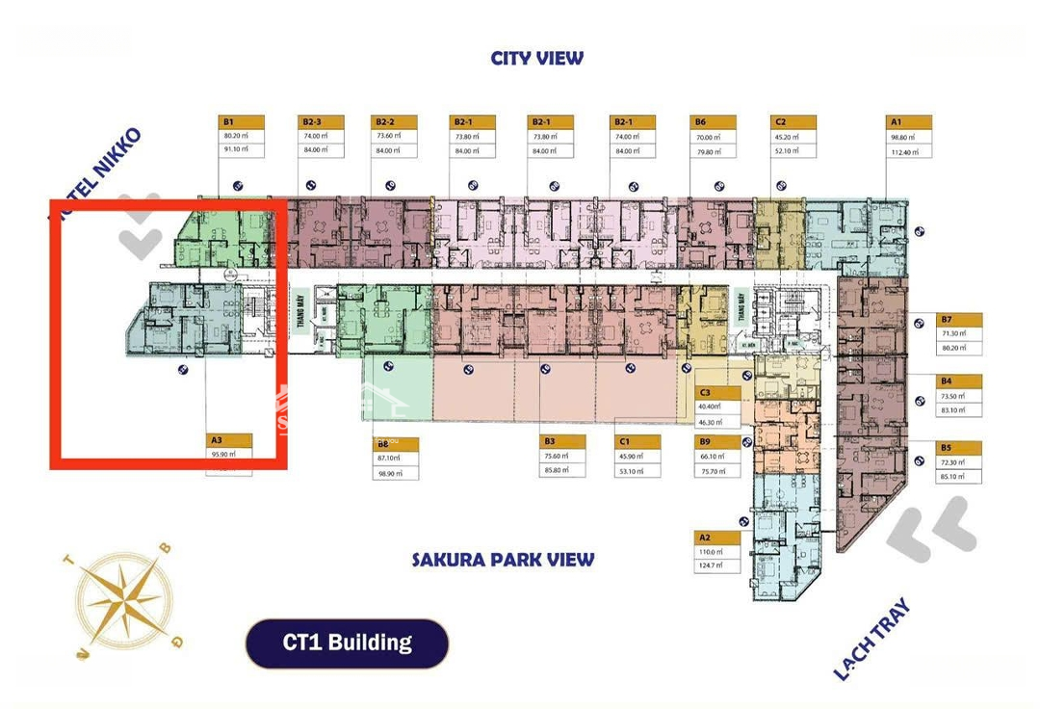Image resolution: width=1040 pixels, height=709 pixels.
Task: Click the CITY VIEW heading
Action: click(536, 58)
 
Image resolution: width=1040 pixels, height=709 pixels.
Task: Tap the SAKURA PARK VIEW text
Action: click(503, 560)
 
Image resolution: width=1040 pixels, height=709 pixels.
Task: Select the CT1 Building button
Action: click(347, 643)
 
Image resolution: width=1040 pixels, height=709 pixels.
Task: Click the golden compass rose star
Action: click(124, 598)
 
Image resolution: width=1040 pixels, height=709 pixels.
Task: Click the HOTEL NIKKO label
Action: click(96, 174)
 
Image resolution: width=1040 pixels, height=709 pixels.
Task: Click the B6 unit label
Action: click(713, 122)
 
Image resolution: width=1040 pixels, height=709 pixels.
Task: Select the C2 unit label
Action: click(793, 122)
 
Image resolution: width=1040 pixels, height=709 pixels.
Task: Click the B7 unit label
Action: click(959, 320)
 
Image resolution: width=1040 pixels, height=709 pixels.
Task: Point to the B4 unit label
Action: click(959, 381)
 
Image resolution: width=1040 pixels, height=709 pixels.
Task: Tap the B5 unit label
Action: click(959, 448)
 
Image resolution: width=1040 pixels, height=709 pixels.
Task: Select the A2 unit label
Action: click(716, 538)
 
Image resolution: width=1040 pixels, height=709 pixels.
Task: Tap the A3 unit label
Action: click(230, 440)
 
